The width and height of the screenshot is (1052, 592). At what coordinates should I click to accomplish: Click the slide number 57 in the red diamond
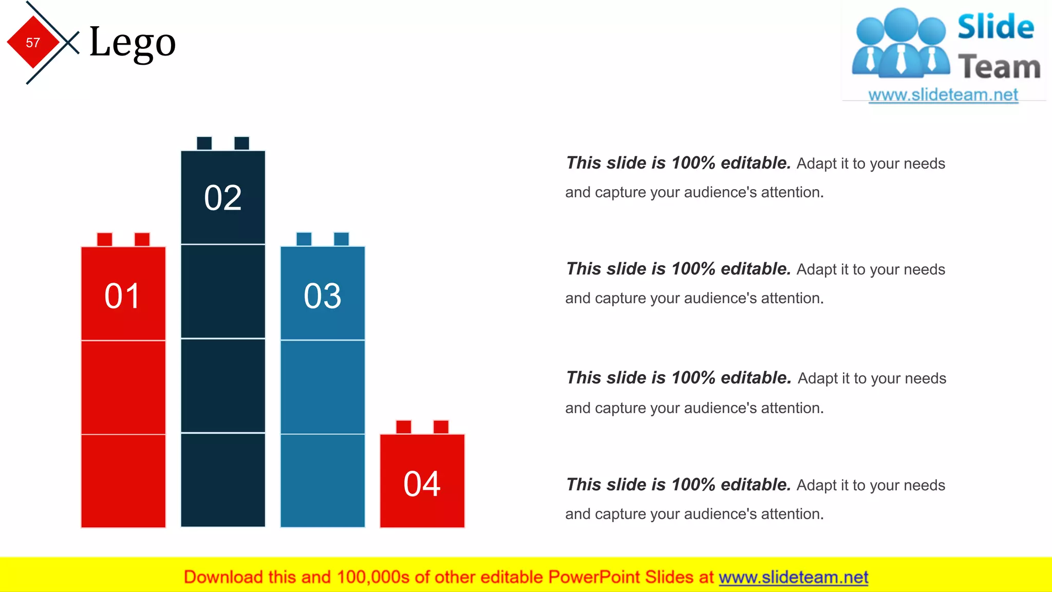tap(33, 43)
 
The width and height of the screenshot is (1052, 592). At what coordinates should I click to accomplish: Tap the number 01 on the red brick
tap(122, 296)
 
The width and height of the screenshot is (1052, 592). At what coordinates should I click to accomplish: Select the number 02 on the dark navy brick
tap(223, 198)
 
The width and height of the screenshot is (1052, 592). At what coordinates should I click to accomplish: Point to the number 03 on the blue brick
tap(323, 296)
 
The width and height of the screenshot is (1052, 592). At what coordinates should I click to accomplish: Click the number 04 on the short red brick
tap(422, 484)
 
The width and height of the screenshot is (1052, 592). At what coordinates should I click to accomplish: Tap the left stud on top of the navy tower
tap(204, 143)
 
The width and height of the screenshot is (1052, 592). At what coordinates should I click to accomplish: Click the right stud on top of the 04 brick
tap(441, 427)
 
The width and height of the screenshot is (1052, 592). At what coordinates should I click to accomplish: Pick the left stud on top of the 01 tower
tap(105, 239)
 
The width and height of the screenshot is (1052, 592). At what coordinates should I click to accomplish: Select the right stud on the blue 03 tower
tap(341, 239)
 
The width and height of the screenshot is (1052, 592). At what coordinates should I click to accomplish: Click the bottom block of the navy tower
tap(223, 480)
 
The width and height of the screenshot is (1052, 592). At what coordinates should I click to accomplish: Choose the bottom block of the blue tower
tap(323, 480)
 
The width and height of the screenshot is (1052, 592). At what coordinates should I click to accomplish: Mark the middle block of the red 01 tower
tap(123, 387)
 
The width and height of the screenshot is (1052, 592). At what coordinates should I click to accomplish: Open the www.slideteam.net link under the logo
tap(943, 95)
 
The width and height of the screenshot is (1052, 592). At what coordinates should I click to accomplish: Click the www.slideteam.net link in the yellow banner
tap(793, 577)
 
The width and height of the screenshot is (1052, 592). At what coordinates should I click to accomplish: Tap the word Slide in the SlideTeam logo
tap(995, 27)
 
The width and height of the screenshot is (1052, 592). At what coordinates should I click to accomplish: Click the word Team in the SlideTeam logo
tap(999, 67)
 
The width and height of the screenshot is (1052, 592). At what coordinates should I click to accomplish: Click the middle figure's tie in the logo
tap(901, 59)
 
